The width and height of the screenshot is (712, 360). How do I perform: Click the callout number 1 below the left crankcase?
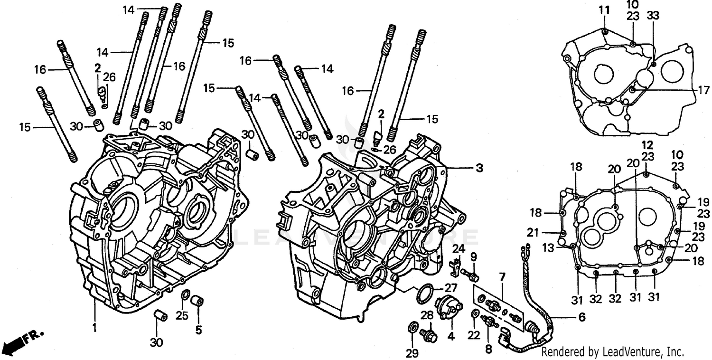[x=94, y=327]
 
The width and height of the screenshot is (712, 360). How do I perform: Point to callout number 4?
[x=450, y=337]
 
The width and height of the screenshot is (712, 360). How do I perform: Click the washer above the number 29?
[x=413, y=327]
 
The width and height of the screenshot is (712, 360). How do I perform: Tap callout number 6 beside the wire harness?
[x=581, y=316]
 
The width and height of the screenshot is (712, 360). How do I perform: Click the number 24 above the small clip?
[x=458, y=248]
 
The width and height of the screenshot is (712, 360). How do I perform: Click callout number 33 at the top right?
[x=653, y=15]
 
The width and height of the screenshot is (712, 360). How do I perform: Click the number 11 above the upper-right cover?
[x=603, y=9]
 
